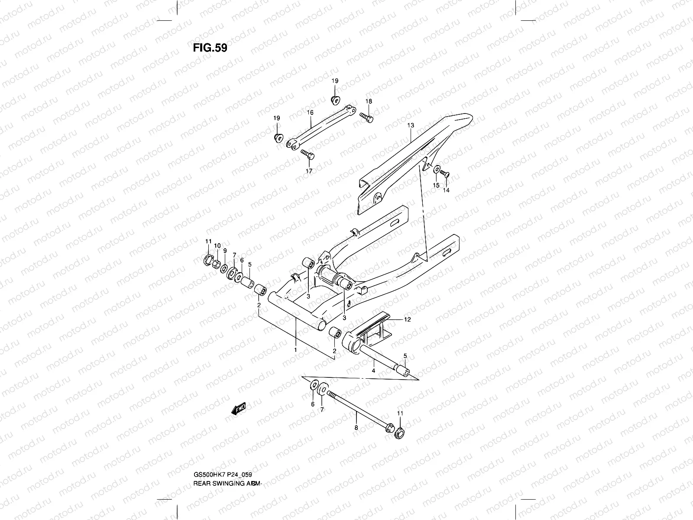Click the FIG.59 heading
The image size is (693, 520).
click(x=210, y=48)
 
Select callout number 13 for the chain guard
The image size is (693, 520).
click(x=410, y=125)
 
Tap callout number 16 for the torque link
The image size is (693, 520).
click(x=310, y=113)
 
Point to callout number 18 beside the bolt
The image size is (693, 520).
click(x=369, y=101)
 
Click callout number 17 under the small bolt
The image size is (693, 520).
click(x=309, y=171)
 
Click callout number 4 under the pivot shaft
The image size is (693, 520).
click(x=373, y=371)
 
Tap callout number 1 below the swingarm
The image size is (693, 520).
click(x=295, y=349)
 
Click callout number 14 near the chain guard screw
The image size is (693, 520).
click(x=446, y=190)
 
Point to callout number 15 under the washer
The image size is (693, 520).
click(x=436, y=185)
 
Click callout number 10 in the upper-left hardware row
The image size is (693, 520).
click(x=217, y=246)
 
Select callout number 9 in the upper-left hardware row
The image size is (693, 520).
click(x=225, y=250)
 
